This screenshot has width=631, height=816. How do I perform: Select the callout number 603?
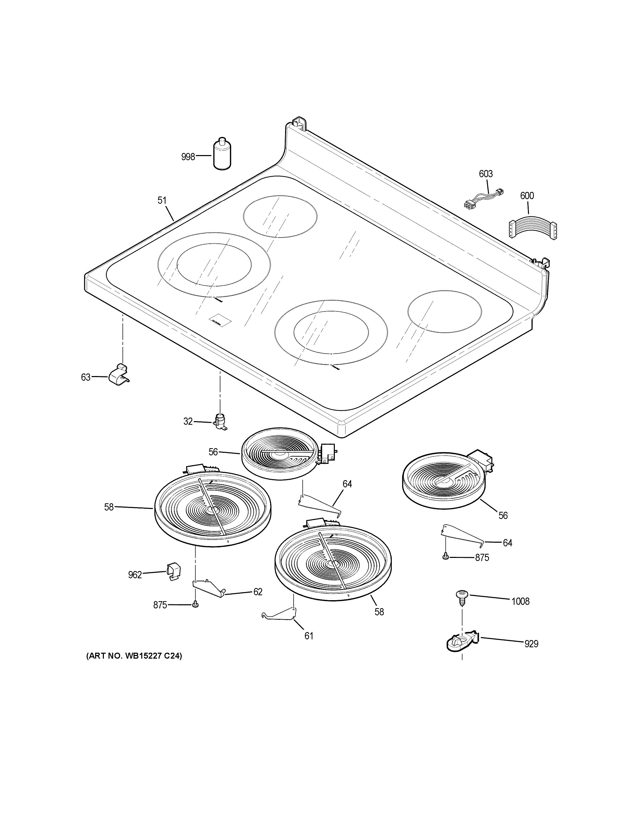pyautogui.click(x=486, y=174)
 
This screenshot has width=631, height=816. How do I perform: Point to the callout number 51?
pyautogui.click(x=162, y=201)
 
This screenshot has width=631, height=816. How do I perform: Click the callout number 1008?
pyautogui.click(x=520, y=601)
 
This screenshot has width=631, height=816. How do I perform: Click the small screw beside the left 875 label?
pyautogui.click(x=195, y=605)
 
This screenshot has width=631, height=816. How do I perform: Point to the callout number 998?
pyautogui.click(x=188, y=157)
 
